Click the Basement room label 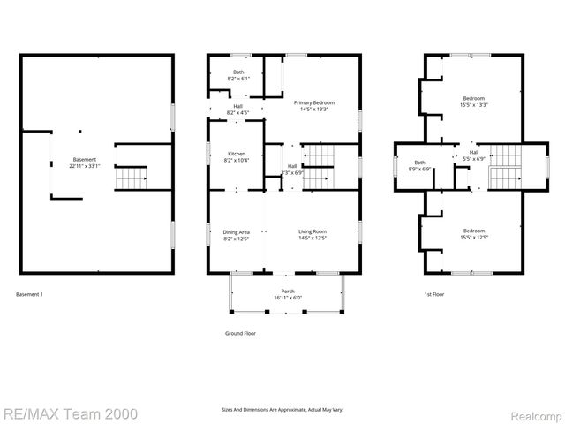click(86, 160)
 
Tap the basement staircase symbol click(132, 178)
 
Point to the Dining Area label click(236, 232)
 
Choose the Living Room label click(315, 232)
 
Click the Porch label click(288, 291)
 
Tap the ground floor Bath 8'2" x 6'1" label click(238, 72)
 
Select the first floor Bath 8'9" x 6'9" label click(418, 163)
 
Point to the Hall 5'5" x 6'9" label click(474, 153)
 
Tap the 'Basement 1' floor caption click(29, 294)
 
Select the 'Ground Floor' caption click(239, 334)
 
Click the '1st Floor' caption click(433, 294)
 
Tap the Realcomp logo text click(536, 413)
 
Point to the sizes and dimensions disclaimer click(282, 410)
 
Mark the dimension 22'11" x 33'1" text click(86, 165)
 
